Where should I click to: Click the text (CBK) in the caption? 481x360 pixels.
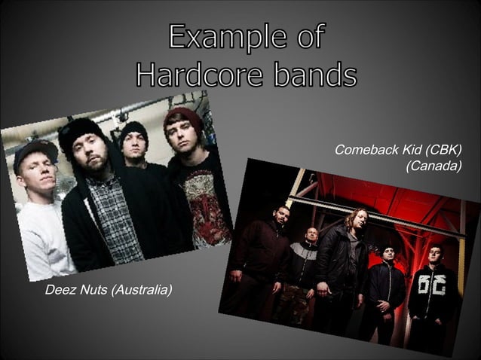pyautogui.click(x=443, y=150)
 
